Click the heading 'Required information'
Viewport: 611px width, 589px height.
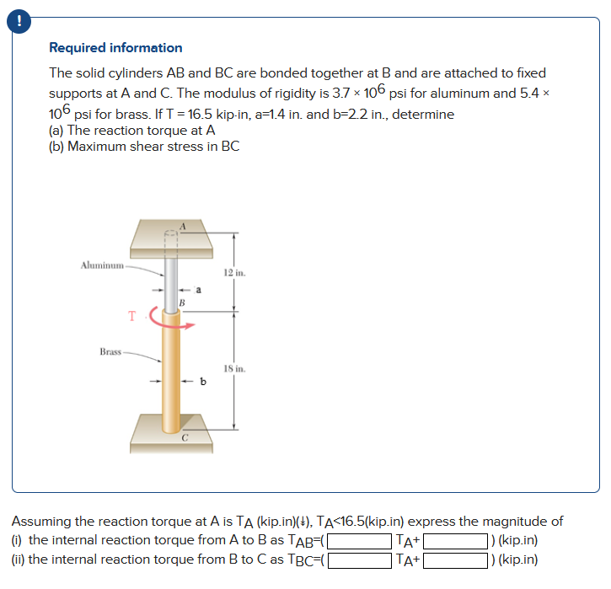tap(115, 48)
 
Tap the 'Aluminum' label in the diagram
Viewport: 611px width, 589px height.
tap(101, 266)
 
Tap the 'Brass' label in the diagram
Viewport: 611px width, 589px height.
tap(109, 351)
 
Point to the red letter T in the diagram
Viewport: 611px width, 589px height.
tap(131, 316)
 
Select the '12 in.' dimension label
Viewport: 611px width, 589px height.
tap(234, 272)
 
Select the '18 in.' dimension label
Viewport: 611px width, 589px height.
tap(234, 369)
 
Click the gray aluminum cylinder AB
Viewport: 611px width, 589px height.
tap(172, 274)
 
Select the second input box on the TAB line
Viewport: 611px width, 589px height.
tap(456, 541)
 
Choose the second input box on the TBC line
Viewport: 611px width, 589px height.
tap(456, 560)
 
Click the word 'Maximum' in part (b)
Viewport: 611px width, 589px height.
tap(97, 146)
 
